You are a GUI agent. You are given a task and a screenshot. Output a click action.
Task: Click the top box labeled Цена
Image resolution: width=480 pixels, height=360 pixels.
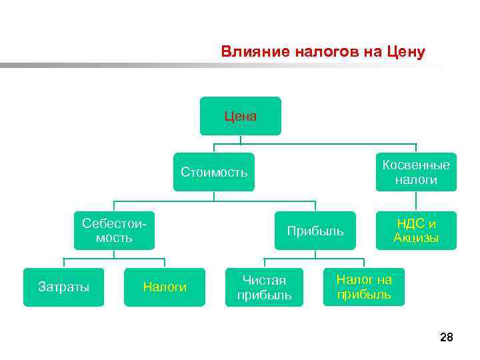241,116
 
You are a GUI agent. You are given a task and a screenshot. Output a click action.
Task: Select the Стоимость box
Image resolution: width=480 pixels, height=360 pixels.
214,173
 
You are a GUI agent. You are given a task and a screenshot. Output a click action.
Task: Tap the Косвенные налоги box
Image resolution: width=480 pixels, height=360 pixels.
416,172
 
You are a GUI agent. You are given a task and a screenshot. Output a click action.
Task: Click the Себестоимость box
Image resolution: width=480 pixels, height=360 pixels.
114,230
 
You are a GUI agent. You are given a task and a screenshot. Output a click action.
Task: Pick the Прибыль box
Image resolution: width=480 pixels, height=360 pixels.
315,231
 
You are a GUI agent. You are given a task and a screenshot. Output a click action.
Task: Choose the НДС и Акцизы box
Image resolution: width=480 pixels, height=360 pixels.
416,231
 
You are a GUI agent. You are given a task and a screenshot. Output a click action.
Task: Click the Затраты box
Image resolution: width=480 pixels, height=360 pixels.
64,287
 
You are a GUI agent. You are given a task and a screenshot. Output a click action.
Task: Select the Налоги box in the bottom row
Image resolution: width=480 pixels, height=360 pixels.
165,287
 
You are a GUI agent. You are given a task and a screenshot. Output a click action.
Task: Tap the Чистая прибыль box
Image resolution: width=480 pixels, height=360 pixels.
265,287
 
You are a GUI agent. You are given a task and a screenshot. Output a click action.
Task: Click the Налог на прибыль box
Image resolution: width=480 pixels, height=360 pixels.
364,287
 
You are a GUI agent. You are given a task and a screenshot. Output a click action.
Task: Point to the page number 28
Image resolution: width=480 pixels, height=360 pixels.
446,338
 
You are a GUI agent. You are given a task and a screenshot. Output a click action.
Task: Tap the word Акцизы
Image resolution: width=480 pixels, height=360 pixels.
416,238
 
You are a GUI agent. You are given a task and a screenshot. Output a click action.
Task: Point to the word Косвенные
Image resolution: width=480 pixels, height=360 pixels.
416,165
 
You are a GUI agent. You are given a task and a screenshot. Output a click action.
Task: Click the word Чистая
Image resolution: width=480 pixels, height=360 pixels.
265,280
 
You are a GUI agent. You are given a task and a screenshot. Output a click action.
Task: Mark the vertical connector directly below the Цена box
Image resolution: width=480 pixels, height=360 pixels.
241,139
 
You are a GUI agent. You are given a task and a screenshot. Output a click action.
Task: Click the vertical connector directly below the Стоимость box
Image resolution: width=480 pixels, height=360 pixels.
214,196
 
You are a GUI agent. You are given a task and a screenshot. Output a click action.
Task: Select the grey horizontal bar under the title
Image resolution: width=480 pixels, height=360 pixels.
133,66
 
